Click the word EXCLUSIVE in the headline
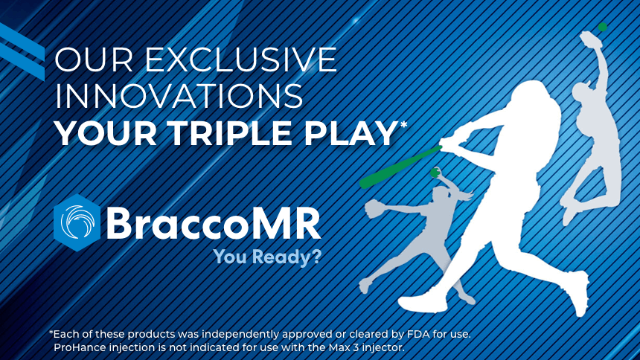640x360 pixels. click(x=241, y=60)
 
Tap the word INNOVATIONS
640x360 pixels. click(x=179, y=96)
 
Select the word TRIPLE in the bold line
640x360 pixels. click(x=229, y=133)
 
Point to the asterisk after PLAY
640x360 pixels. click(x=403, y=124)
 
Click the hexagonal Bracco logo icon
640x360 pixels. click(x=77, y=222)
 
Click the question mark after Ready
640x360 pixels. click(x=316, y=257)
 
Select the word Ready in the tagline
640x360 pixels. click(x=281, y=257)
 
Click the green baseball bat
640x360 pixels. click(x=400, y=167)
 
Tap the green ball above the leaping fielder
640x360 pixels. click(x=603, y=28)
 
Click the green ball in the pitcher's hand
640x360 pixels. click(x=435, y=173)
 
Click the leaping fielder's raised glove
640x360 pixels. click(x=589, y=39)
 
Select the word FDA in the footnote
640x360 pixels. click(x=418, y=334)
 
